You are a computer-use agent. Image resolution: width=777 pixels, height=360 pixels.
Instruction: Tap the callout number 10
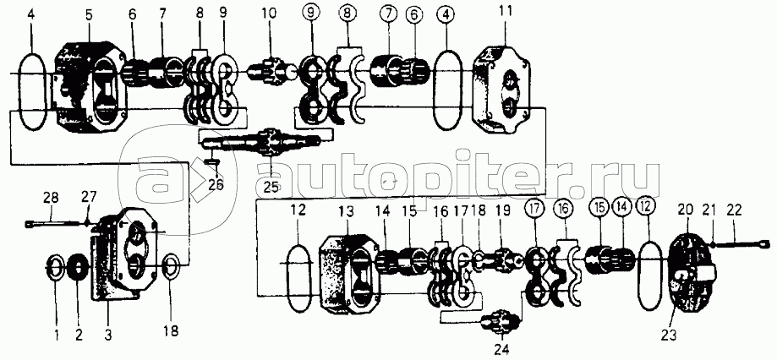coord(269,14)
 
